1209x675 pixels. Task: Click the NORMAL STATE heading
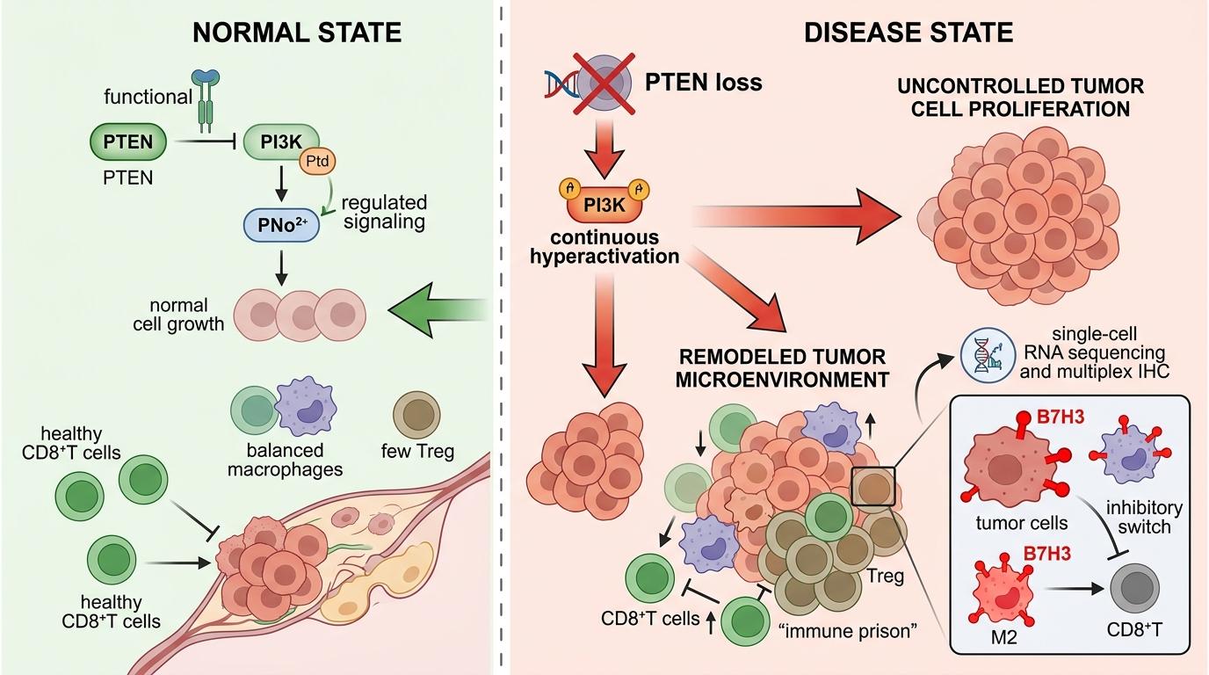pyautogui.click(x=298, y=33)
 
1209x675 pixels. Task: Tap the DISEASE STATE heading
pyautogui.click(x=909, y=33)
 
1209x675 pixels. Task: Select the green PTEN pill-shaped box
pyautogui.click(x=128, y=142)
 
